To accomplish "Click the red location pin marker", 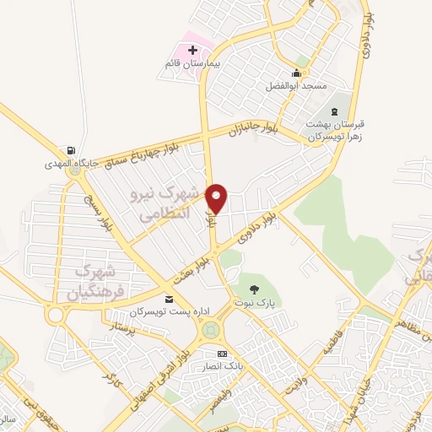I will [218, 198].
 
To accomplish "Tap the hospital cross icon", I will [193, 51].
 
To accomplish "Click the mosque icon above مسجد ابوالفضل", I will [297, 72].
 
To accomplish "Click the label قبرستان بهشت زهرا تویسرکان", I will [336, 129].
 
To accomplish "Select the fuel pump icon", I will [79, 150].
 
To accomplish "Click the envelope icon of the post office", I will [170, 300].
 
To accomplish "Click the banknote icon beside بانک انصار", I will [222, 354].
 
